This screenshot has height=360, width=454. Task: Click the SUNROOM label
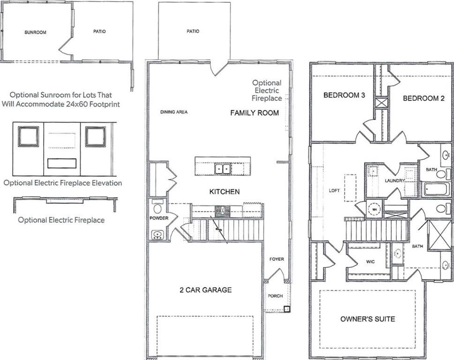pyautogui.click(x=35, y=32)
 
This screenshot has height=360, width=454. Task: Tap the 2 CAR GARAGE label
pyautogui.click(x=206, y=290)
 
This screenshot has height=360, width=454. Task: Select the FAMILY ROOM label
pyautogui.click(x=254, y=113)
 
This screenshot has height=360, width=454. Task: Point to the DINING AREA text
pyautogui.click(x=174, y=112)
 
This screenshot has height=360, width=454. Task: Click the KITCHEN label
pyautogui.click(x=224, y=192)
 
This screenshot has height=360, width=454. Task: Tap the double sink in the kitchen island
pyautogui.click(x=223, y=169)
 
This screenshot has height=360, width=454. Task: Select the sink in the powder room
pyautogui.click(x=157, y=234)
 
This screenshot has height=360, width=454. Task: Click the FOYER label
pyautogui.click(x=277, y=259)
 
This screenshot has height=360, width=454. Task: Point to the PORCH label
pyautogui.click(x=275, y=296)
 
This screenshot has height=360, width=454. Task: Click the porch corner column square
pyautogui.click(x=287, y=309)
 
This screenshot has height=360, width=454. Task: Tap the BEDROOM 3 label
pyautogui.click(x=344, y=95)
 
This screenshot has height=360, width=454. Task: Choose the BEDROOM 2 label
pyautogui.click(x=423, y=98)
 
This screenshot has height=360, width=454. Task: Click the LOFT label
pyautogui.click(x=334, y=190)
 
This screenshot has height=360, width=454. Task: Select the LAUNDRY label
pyautogui.click(x=394, y=180)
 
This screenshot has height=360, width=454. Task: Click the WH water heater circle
pyautogui.click(x=374, y=209)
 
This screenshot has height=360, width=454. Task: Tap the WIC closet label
pyautogui.click(x=370, y=262)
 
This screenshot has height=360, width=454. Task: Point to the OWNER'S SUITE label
pyautogui.click(x=368, y=319)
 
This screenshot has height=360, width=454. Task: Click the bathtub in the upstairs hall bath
pyautogui.click(x=436, y=189)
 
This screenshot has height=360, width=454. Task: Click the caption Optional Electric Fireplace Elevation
pyautogui.click(x=62, y=183)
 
